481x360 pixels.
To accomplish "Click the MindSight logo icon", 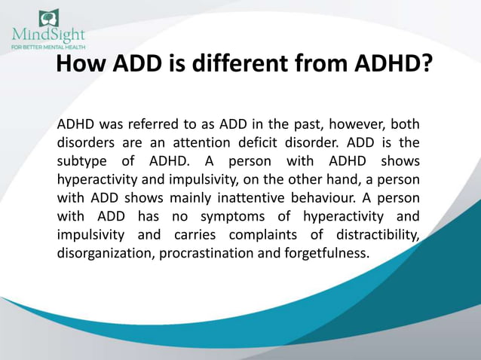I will pyautogui.click(x=49, y=17).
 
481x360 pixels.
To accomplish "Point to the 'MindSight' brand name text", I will pyautogui.click(x=48, y=35).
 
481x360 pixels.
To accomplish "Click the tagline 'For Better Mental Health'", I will pyautogui.click(x=48, y=45).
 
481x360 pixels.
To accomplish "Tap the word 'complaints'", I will pyautogui.click(x=264, y=235).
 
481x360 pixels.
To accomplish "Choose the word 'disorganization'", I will pyautogui.click(x=106, y=254).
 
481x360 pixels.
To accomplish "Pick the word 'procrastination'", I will pyautogui.click(x=207, y=254).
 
